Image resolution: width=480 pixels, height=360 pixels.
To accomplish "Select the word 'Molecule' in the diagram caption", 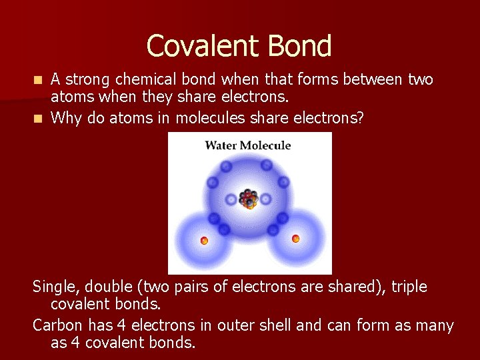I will tap(267, 145).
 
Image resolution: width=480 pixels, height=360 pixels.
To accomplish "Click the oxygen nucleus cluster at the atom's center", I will tap(249, 198).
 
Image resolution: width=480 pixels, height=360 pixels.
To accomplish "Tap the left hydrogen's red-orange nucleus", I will tap(205, 240).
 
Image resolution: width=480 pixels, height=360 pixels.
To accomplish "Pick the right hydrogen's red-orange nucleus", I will tap(295, 238).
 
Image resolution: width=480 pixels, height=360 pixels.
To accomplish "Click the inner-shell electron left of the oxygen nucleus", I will tap(231, 199).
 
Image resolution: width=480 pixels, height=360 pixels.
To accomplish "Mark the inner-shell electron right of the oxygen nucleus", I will tap(265, 199).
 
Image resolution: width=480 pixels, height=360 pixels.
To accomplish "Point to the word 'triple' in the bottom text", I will tap(409, 287).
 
